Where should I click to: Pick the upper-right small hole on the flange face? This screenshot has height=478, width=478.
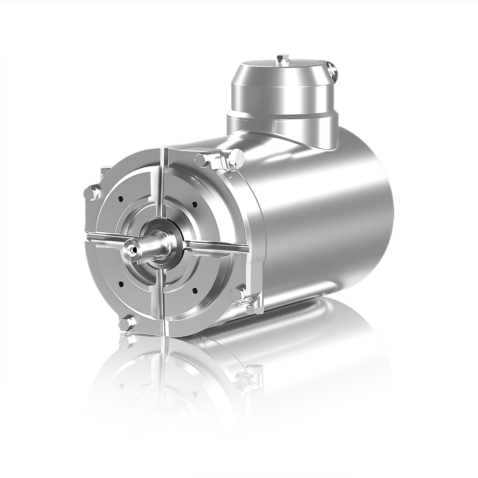[195, 204]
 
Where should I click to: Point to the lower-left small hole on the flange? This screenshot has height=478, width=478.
[120, 284]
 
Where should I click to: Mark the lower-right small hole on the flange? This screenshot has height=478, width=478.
[195, 290]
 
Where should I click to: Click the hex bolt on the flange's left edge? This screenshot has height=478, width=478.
[91, 193]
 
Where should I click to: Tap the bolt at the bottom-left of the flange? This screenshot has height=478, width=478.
[127, 324]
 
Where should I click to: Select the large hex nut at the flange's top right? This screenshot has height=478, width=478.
[236, 158]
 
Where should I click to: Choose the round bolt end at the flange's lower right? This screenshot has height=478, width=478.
[238, 294]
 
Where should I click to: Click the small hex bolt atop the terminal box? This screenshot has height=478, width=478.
[283, 59]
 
